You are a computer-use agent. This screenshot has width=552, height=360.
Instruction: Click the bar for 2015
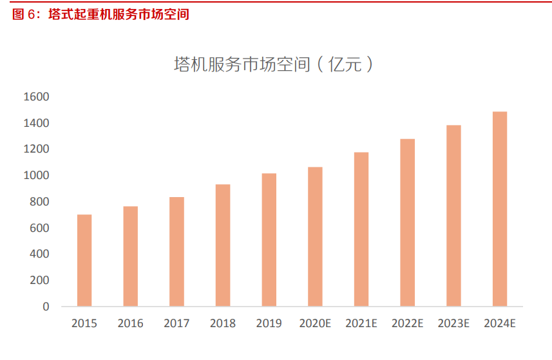tap(84, 260)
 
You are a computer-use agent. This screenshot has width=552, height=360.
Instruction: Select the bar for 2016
tap(131, 256)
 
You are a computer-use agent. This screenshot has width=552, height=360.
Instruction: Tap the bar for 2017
tap(176, 252)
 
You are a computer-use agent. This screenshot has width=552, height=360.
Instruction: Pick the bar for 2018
tap(223, 245)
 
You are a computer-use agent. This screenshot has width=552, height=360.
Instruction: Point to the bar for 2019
tap(269, 240)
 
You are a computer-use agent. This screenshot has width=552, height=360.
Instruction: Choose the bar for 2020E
tap(315, 236)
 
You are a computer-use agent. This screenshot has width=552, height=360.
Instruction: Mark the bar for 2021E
tap(361, 229)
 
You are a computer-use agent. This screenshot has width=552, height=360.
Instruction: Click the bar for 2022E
tap(407, 222)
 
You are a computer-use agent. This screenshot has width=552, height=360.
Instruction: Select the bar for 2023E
tap(453, 216)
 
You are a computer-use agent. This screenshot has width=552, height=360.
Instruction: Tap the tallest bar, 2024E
tap(500, 209)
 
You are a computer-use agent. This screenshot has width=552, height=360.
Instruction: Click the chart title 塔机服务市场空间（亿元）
tap(274, 64)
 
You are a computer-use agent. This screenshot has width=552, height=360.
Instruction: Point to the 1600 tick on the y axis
tap(37, 97)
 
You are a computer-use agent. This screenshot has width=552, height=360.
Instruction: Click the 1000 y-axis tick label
tap(37, 175)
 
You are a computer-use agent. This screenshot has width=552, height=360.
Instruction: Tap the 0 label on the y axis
tap(46, 307)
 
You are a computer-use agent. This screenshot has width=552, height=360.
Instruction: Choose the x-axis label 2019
tap(269, 323)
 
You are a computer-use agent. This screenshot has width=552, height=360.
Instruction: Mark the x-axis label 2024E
tap(500, 323)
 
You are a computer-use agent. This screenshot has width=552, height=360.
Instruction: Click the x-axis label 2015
tap(84, 323)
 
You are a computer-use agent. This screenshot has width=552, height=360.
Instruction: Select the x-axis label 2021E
tap(361, 323)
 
